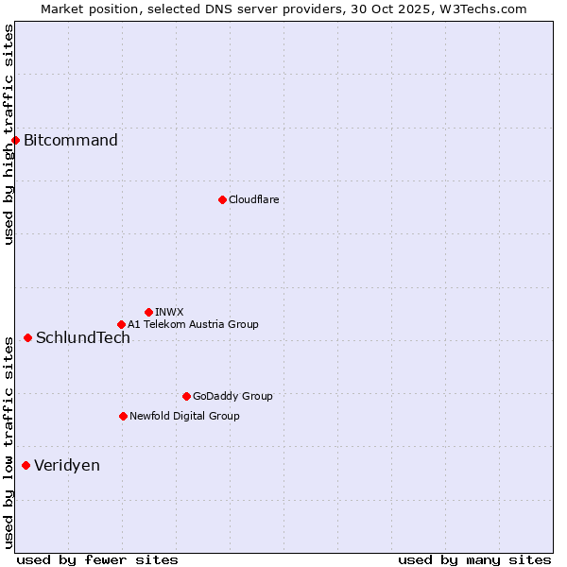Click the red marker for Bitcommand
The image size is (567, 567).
pyautogui.click(x=15, y=141)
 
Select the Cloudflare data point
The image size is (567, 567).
pyautogui.click(x=222, y=199)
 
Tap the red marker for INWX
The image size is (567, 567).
pyautogui.click(x=148, y=312)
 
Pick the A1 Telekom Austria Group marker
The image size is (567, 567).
pyautogui.click(x=121, y=324)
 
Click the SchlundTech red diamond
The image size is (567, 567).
pyautogui.click(x=27, y=337)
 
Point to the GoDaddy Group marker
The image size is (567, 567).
pyautogui.click(x=186, y=396)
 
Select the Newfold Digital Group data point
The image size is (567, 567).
pyautogui.click(x=123, y=416)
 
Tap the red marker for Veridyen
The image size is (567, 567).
pyautogui.click(x=26, y=465)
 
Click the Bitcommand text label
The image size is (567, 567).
pyautogui.click(x=71, y=141)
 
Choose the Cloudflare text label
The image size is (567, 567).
pyautogui.click(x=253, y=199)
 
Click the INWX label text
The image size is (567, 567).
pyautogui.click(x=169, y=312)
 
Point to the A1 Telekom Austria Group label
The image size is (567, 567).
pyautogui.click(x=193, y=324)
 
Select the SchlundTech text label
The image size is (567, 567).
pyautogui.click(x=83, y=338)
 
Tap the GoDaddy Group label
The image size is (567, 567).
pyautogui.click(x=232, y=396)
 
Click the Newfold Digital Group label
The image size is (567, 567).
pyautogui.click(x=184, y=416)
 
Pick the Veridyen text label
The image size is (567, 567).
pyautogui.click(x=67, y=466)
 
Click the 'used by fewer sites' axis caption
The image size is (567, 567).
pyautogui.click(x=97, y=559)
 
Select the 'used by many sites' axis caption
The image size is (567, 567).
pyautogui.click(x=474, y=559)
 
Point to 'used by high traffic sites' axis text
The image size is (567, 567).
pyautogui.click(x=9, y=134)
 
